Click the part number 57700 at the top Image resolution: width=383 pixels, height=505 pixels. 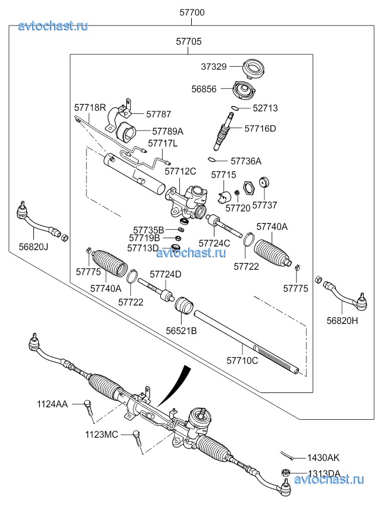191,13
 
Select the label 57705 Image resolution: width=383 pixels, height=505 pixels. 188,42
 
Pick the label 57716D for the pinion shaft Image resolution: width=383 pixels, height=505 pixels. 260,128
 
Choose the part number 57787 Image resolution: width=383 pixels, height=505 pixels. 158,113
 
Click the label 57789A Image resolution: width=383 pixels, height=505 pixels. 167,131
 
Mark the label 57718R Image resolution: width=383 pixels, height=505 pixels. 90,108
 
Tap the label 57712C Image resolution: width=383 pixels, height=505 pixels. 180,172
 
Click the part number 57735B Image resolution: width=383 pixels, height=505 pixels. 148,229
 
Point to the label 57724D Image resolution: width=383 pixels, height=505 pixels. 165,274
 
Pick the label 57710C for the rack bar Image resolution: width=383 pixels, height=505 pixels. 242,360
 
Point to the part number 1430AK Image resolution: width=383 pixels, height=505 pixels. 323,459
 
